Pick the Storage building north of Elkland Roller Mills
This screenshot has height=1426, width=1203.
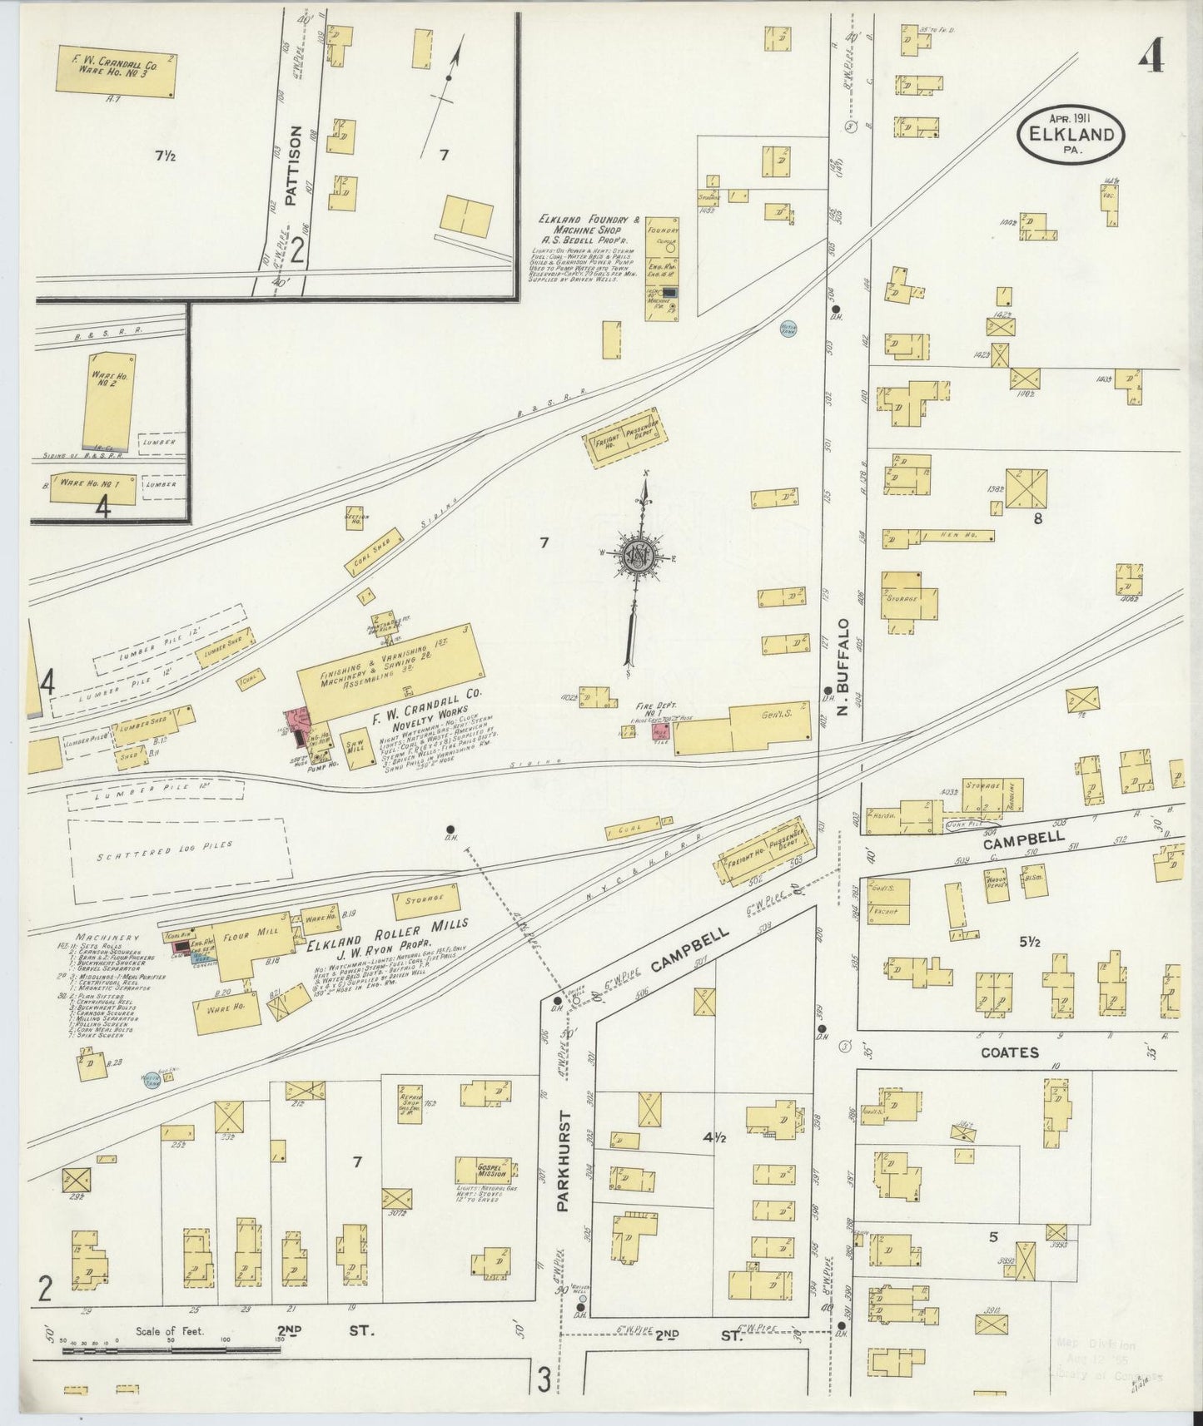(427, 899)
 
